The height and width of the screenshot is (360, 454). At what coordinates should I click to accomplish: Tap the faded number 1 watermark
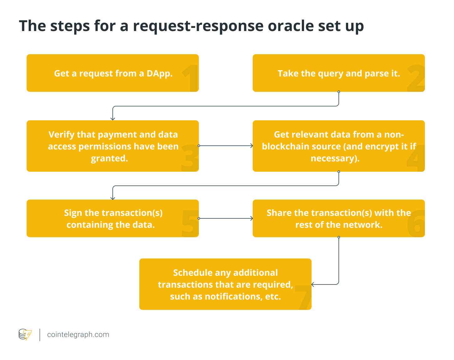point(190,78)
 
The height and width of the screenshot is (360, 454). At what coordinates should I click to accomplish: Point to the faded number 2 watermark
point(416,79)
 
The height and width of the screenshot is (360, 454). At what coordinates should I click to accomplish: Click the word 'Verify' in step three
point(61,135)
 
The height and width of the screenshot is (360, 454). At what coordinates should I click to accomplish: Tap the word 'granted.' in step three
point(109,159)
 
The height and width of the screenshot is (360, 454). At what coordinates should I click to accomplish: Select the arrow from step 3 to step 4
point(225,146)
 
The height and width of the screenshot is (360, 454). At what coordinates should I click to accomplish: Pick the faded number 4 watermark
point(416,158)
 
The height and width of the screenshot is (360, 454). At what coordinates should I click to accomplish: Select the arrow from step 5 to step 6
point(225,218)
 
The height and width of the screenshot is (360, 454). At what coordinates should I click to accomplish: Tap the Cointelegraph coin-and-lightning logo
point(25,335)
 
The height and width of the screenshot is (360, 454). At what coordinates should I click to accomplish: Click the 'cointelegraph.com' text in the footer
point(78,335)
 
